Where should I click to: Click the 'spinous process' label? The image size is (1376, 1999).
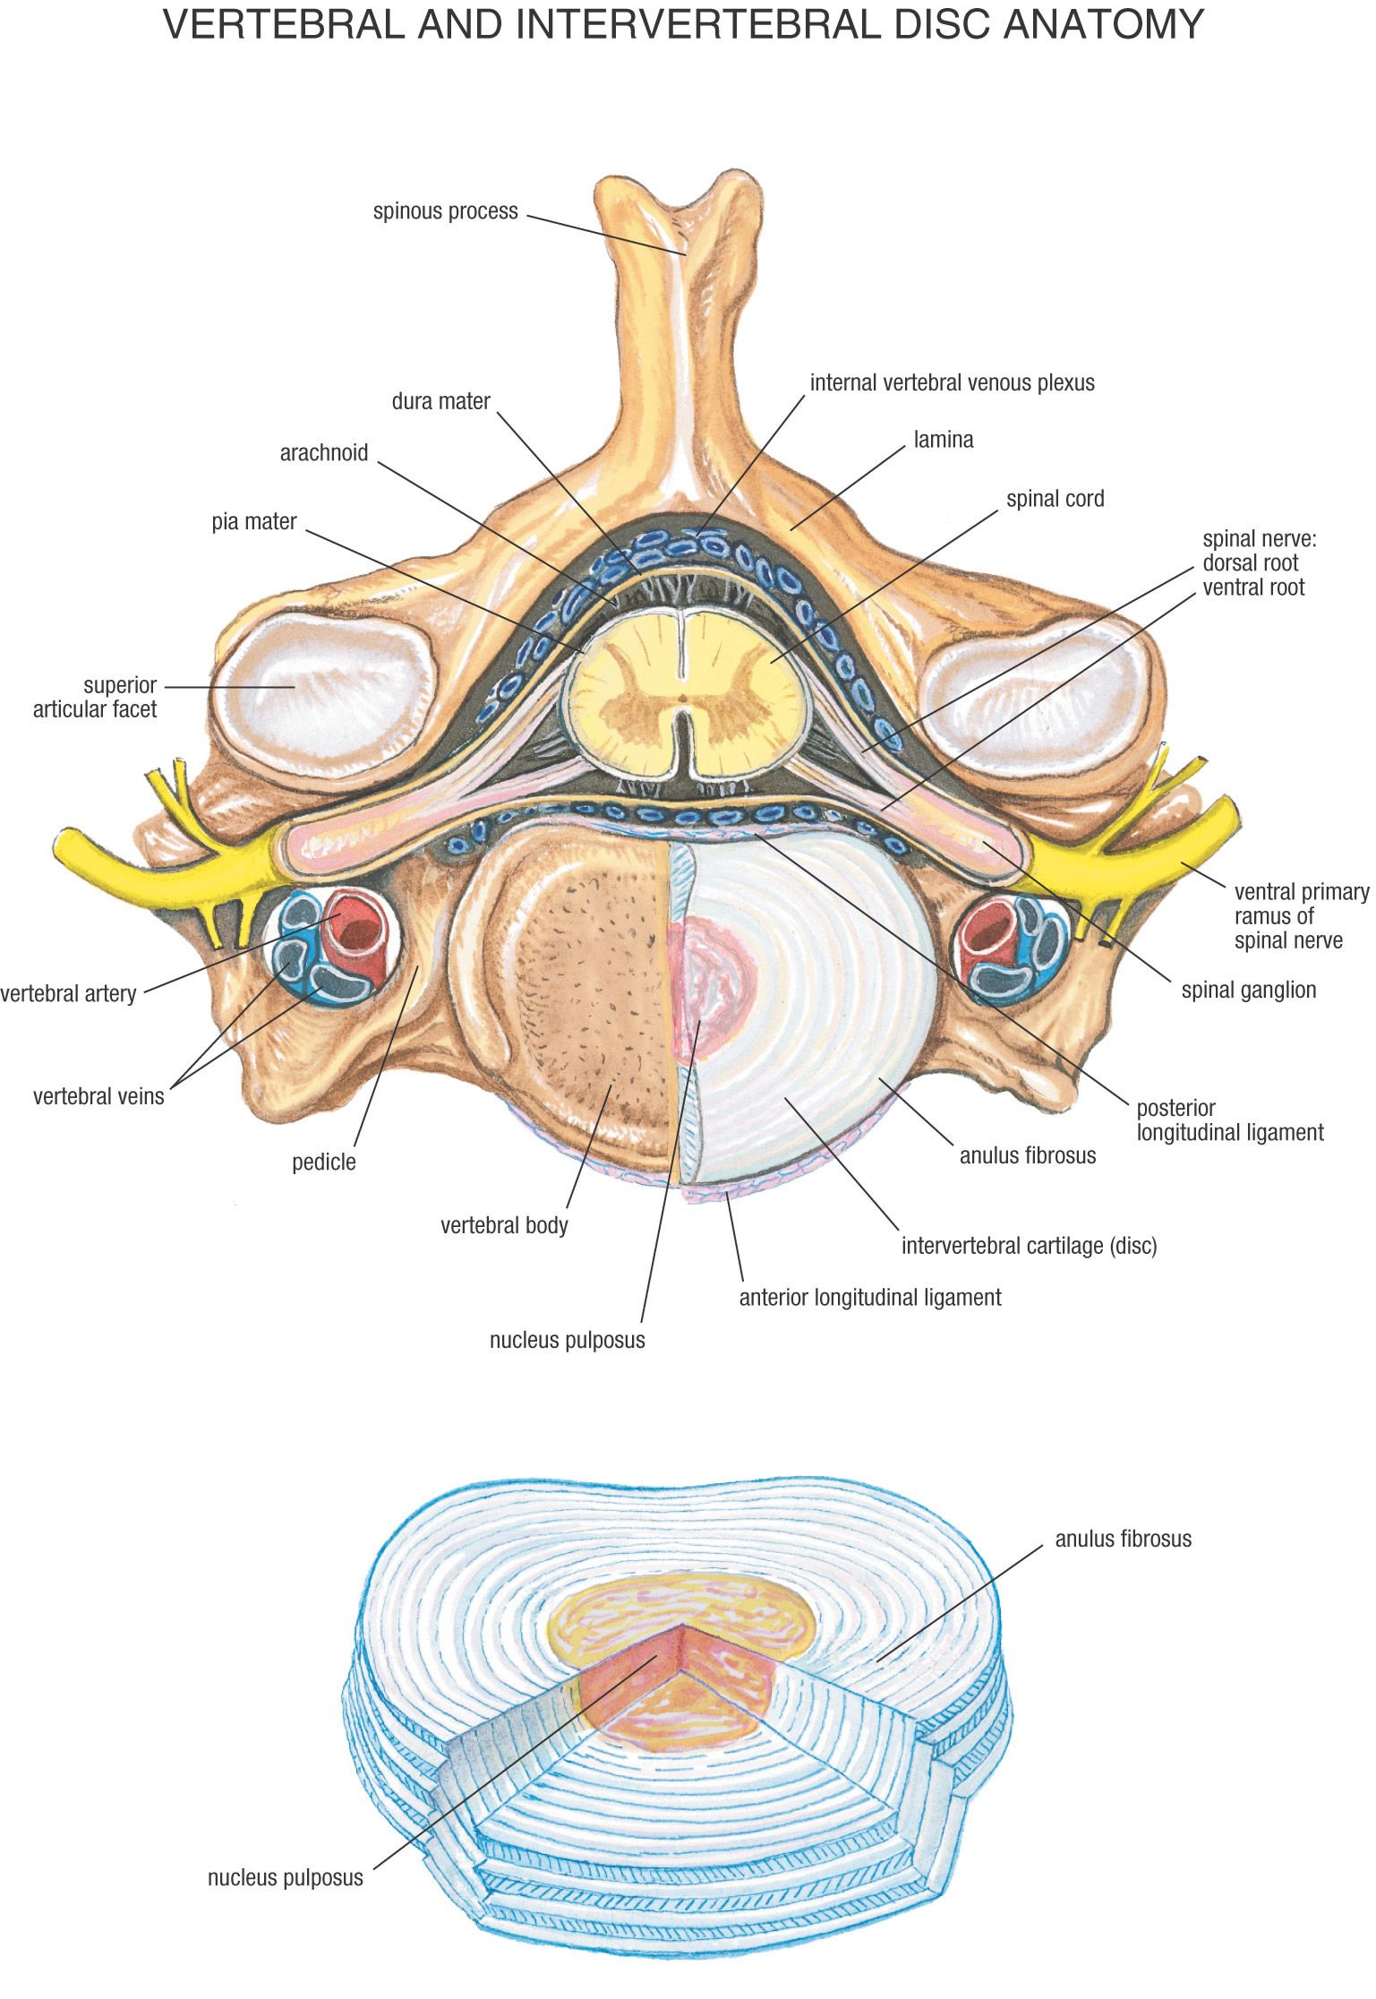point(445,212)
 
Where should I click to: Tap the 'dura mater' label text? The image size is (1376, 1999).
point(440,401)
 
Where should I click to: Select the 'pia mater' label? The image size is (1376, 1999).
point(254,521)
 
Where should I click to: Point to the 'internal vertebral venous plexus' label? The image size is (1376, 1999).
point(952,383)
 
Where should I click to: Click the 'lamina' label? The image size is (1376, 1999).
point(943,440)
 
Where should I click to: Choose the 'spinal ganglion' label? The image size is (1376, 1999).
point(1248,990)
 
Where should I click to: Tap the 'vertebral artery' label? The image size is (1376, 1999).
point(68,993)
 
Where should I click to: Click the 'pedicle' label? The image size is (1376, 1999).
point(323,1163)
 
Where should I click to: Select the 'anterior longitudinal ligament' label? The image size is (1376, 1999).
point(869,1297)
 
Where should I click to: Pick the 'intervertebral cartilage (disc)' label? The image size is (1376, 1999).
point(1029,1246)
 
